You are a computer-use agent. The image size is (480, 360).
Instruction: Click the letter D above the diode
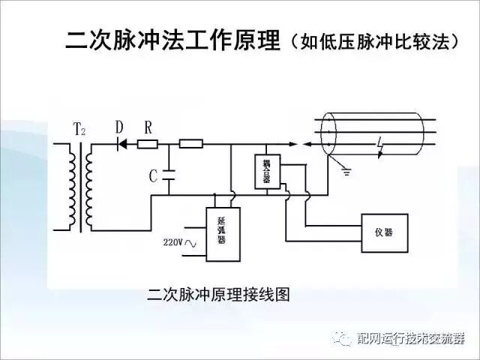tap(118, 128)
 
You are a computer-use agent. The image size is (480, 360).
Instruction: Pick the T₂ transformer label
tap(79, 130)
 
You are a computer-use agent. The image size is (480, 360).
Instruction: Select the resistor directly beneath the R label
tap(148, 142)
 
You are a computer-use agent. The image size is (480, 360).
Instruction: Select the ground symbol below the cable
tap(346, 171)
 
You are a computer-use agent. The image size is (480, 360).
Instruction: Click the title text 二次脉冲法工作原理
tap(171, 41)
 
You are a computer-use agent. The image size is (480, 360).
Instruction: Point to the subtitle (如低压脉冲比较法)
tap(373, 42)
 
